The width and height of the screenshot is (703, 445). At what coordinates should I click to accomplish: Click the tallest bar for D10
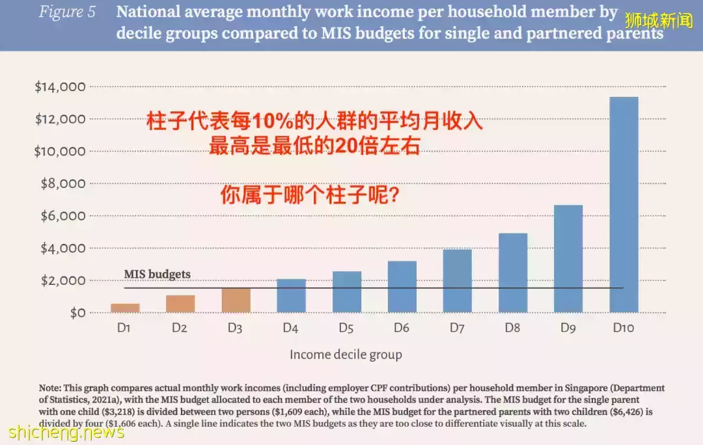coord(624,205)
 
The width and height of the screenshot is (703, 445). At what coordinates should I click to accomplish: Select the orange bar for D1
coord(124,308)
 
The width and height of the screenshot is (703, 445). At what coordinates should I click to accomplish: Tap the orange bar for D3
coord(235,300)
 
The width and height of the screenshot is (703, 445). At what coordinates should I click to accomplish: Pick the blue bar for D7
coord(457,281)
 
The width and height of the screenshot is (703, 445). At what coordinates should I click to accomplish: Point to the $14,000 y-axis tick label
coord(60,87)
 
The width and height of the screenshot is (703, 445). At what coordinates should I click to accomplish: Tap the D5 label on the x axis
coord(346,329)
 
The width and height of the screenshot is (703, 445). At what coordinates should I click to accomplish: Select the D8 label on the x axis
coord(512,329)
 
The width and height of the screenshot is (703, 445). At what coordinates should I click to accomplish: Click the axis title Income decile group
coord(346,355)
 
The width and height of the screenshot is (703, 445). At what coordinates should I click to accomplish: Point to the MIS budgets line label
coord(157,275)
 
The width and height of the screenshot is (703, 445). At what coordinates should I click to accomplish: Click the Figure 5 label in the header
coord(66,12)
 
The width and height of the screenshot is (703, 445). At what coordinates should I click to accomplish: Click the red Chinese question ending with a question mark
coord(310,195)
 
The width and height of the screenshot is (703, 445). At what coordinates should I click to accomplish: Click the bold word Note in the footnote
coord(51,388)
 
